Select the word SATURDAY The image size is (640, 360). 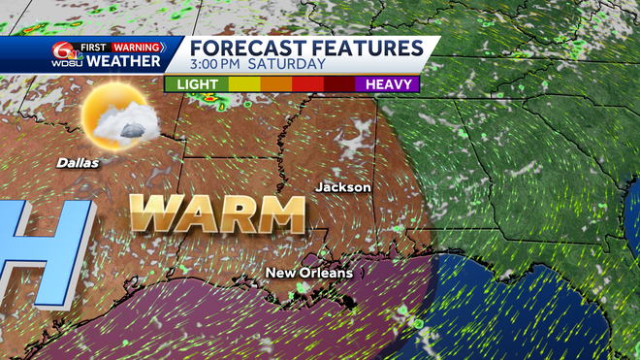click(288, 65)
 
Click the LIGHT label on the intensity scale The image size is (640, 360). click(197, 84)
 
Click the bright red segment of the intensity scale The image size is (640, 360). click(307, 84)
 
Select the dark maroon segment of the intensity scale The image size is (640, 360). click(339, 84)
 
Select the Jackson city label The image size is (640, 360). click(343, 186)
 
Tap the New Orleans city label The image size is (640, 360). click(309, 273)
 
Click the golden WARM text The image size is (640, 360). click(218, 213)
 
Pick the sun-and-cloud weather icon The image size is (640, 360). click(114, 120)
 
